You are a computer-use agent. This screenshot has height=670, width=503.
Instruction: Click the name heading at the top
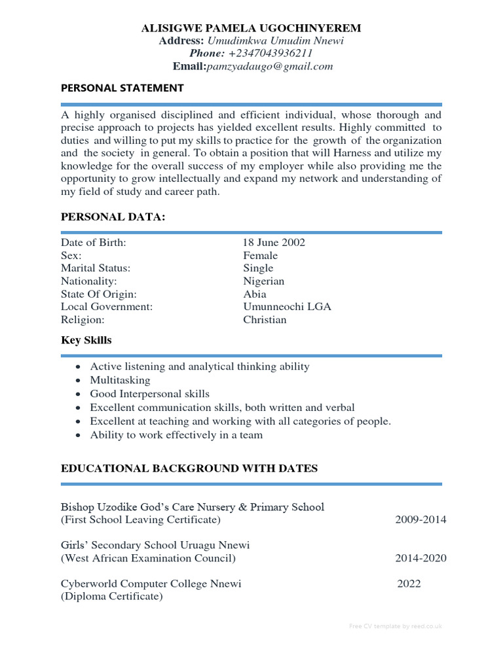point(251,28)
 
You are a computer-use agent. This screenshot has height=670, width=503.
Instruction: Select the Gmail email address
point(270,66)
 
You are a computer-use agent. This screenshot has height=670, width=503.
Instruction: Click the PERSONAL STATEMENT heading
point(122,88)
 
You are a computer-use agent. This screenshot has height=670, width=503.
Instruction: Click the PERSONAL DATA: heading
point(113,217)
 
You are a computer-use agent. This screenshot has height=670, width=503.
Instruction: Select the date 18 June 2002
point(274,243)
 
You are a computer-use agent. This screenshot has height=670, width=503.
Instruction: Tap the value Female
point(260,255)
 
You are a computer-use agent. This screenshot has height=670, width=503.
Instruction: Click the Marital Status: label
point(96,268)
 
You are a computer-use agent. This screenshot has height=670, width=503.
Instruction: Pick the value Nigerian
point(264,281)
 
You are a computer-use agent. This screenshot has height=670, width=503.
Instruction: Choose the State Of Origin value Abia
point(255,294)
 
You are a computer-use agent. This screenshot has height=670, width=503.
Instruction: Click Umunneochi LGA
point(287,307)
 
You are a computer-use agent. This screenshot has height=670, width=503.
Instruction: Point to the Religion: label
point(83,320)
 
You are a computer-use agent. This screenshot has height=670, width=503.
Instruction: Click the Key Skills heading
point(86,340)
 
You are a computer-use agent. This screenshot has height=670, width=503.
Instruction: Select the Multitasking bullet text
point(120,380)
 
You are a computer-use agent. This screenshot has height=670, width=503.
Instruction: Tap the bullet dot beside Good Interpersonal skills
point(79,395)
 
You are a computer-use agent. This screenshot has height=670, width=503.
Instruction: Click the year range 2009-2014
point(420,520)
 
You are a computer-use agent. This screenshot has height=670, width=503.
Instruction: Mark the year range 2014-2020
point(420,558)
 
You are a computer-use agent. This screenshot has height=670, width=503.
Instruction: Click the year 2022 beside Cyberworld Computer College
point(409,584)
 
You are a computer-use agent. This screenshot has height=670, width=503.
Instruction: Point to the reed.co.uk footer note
point(396,626)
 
